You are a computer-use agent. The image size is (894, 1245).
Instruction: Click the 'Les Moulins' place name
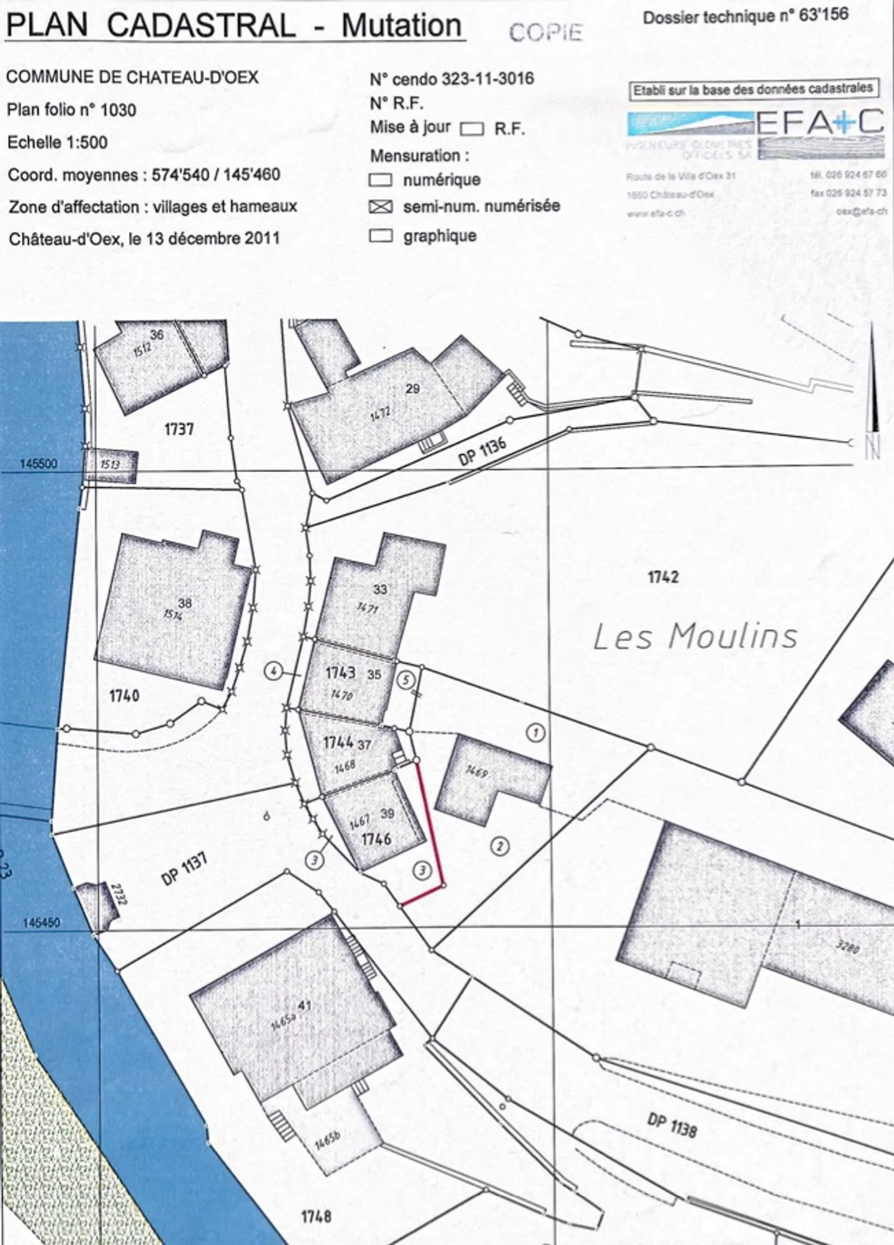coord(695,637)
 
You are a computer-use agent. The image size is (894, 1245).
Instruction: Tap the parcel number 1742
coord(663,577)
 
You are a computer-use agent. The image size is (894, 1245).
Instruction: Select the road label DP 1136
coord(482,450)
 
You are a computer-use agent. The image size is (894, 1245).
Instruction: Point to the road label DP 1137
coord(184,869)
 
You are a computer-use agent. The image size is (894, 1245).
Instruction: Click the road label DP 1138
coord(672,1124)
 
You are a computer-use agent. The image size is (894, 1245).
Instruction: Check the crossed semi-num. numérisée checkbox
coord(381,207)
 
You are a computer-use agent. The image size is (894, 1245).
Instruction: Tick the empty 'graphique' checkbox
coord(381,236)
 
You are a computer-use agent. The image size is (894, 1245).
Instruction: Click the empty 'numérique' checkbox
coord(381,180)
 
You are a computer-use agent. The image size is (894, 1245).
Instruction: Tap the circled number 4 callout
coord(273,671)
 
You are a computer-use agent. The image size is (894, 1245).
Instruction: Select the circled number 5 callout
coord(405,680)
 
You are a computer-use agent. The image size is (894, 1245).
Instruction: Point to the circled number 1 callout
coord(536,733)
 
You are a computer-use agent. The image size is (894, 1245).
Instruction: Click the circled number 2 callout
coord(500,846)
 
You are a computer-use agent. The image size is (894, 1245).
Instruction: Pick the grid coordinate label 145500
coord(38,463)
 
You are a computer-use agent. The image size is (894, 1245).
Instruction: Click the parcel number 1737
coord(179,429)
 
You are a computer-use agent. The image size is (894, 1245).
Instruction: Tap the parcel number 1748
coord(316,1216)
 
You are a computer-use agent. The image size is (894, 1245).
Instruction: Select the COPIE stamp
coord(546,32)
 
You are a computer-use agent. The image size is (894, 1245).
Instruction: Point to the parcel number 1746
coord(376,839)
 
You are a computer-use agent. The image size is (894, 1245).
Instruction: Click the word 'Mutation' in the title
coord(402,26)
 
